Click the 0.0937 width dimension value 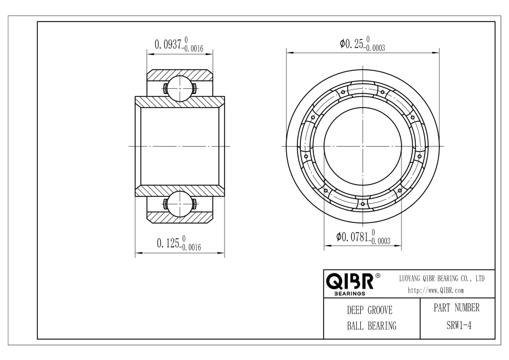[167, 45]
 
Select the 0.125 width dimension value [168, 243]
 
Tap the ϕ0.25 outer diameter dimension [352, 44]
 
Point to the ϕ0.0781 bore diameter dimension [352, 237]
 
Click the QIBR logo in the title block [350, 281]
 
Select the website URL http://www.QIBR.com [435, 290]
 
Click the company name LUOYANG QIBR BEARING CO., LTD [442, 278]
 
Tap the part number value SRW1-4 [459, 325]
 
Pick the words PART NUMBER [456, 308]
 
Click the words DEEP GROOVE [370, 310]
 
